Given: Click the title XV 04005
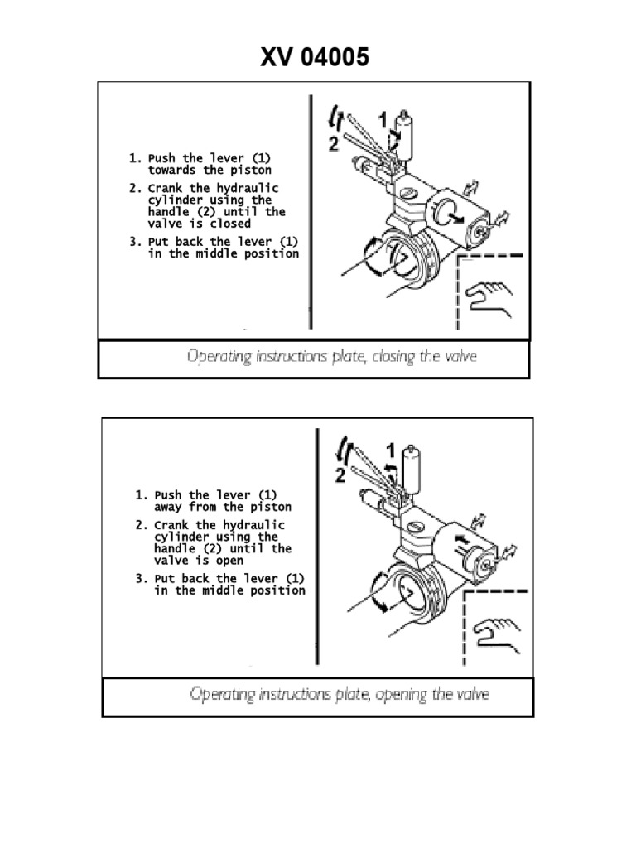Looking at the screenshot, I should (x=314, y=58).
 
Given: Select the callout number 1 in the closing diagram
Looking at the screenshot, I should (x=383, y=120).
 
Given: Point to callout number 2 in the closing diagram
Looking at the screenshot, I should (x=333, y=144).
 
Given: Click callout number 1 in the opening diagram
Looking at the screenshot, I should (x=389, y=451).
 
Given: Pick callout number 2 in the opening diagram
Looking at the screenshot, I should (x=340, y=475).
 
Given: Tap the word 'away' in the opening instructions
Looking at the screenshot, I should (x=168, y=507).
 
